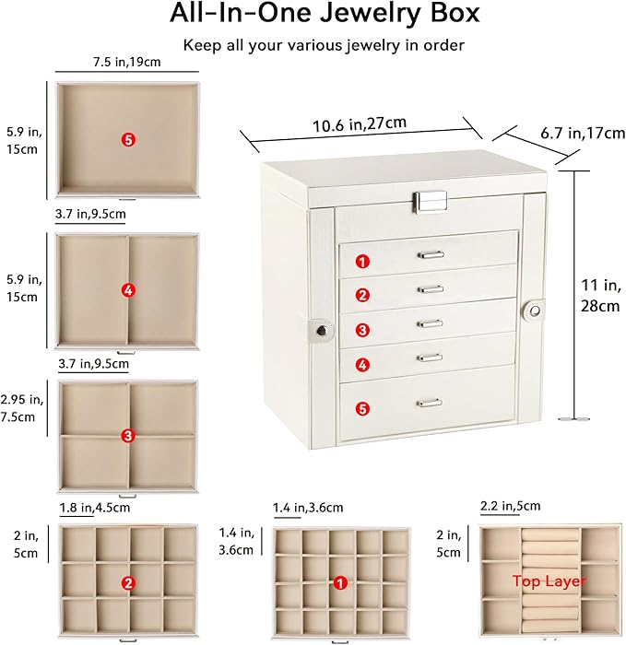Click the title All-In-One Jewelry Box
coord(312,15)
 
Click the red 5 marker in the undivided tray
coord(128,139)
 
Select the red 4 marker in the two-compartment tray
coord(128,290)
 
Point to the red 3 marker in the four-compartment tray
coord(128,435)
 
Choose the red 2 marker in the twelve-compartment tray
coord(128,582)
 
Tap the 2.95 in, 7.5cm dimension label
coord(21,407)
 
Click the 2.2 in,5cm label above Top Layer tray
coord(511,506)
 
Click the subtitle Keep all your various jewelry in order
coord(312,44)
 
